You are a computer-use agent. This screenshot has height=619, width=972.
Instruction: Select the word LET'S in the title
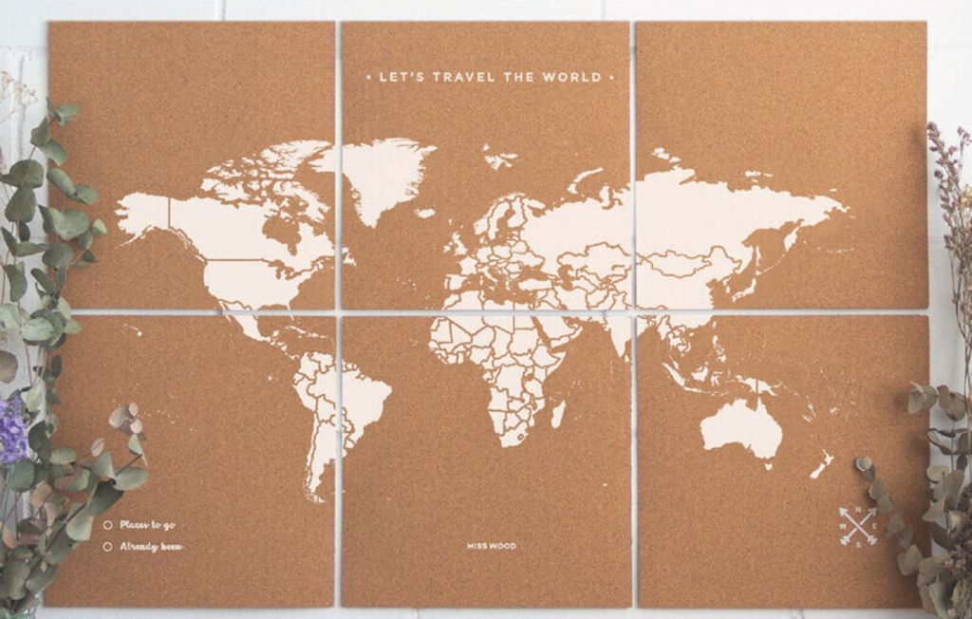click(398, 77)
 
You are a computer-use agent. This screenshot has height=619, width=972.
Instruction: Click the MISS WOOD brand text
click(492, 546)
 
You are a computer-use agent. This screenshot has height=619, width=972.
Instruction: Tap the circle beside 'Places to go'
click(107, 524)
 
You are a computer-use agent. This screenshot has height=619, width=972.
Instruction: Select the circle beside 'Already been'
click(107, 546)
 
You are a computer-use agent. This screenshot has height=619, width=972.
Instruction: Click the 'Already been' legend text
click(151, 546)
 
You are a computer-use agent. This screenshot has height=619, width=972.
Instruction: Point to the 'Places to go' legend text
click(147, 524)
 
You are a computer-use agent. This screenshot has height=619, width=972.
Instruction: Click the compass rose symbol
click(858, 526)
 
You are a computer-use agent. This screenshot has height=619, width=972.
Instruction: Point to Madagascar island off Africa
click(558, 414)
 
